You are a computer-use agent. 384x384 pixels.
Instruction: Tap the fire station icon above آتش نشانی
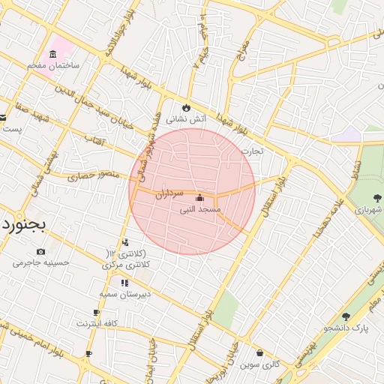click(x=186, y=108)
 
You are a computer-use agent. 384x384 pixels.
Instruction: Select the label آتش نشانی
click(x=185, y=119)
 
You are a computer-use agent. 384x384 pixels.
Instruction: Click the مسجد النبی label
click(x=199, y=210)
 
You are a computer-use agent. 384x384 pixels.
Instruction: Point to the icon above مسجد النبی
click(x=199, y=199)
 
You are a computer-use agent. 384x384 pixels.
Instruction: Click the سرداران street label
click(x=169, y=193)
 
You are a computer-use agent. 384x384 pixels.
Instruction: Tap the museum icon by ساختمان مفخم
click(x=52, y=54)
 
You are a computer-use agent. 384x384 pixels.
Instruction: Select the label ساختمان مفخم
click(x=54, y=66)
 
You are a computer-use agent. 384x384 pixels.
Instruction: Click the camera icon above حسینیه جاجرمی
click(x=40, y=251)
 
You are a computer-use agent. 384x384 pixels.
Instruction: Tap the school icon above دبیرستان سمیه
click(x=124, y=283)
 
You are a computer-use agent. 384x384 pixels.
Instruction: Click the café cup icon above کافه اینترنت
click(x=97, y=312)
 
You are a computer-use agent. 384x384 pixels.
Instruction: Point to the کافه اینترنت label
click(x=97, y=323)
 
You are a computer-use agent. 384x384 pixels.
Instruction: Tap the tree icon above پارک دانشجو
click(x=346, y=316)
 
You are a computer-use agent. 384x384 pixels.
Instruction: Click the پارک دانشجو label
click(x=346, y=328)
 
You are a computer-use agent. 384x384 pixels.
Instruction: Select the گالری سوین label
click(x=259, y=364)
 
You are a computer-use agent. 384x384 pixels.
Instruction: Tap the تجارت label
click(x=252, y=151)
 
